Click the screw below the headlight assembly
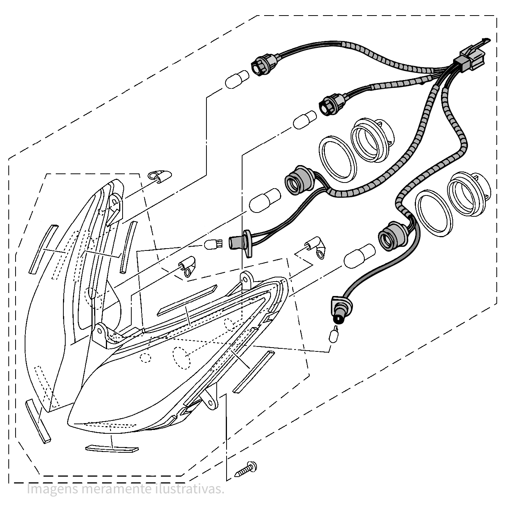(246, 468)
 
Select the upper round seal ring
(337, 158)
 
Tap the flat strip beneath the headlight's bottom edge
(112, 449)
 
